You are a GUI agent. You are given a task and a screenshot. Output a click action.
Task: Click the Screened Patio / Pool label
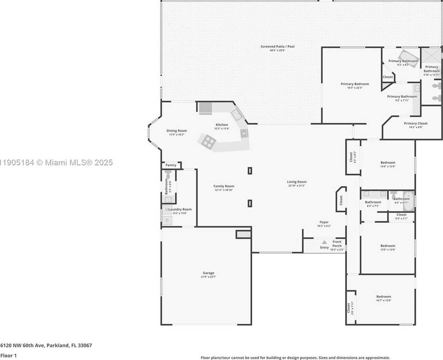click(277, 47)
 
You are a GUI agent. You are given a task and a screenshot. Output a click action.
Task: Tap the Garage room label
click(208, 273)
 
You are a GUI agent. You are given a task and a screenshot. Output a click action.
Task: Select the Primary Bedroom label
click(354, 84)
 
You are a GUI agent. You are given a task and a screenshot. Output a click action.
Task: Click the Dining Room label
click(176, 131)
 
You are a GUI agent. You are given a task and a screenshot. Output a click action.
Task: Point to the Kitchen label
click(222, 125)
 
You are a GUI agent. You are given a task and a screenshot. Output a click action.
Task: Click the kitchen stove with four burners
click(208, 142)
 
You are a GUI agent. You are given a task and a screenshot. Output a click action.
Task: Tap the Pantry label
click(171, 165)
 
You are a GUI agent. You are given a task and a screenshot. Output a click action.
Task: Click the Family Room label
click(224, 186)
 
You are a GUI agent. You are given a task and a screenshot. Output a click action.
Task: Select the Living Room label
click(296, 182)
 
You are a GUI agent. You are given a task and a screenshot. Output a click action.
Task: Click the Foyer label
click(324, 222)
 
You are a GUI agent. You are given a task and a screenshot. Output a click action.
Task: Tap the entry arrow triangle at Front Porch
click(324, 242)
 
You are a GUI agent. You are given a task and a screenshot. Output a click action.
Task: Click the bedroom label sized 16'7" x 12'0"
click(383, 297)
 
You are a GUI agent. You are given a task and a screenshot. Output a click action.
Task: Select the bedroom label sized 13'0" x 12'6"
click(388, 246)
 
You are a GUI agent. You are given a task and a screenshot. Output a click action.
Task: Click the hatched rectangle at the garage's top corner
click(243, 234)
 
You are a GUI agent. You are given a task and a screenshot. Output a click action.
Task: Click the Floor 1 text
click(8, 355)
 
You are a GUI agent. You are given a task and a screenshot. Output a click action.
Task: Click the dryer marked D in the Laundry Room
click(167, 220)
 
